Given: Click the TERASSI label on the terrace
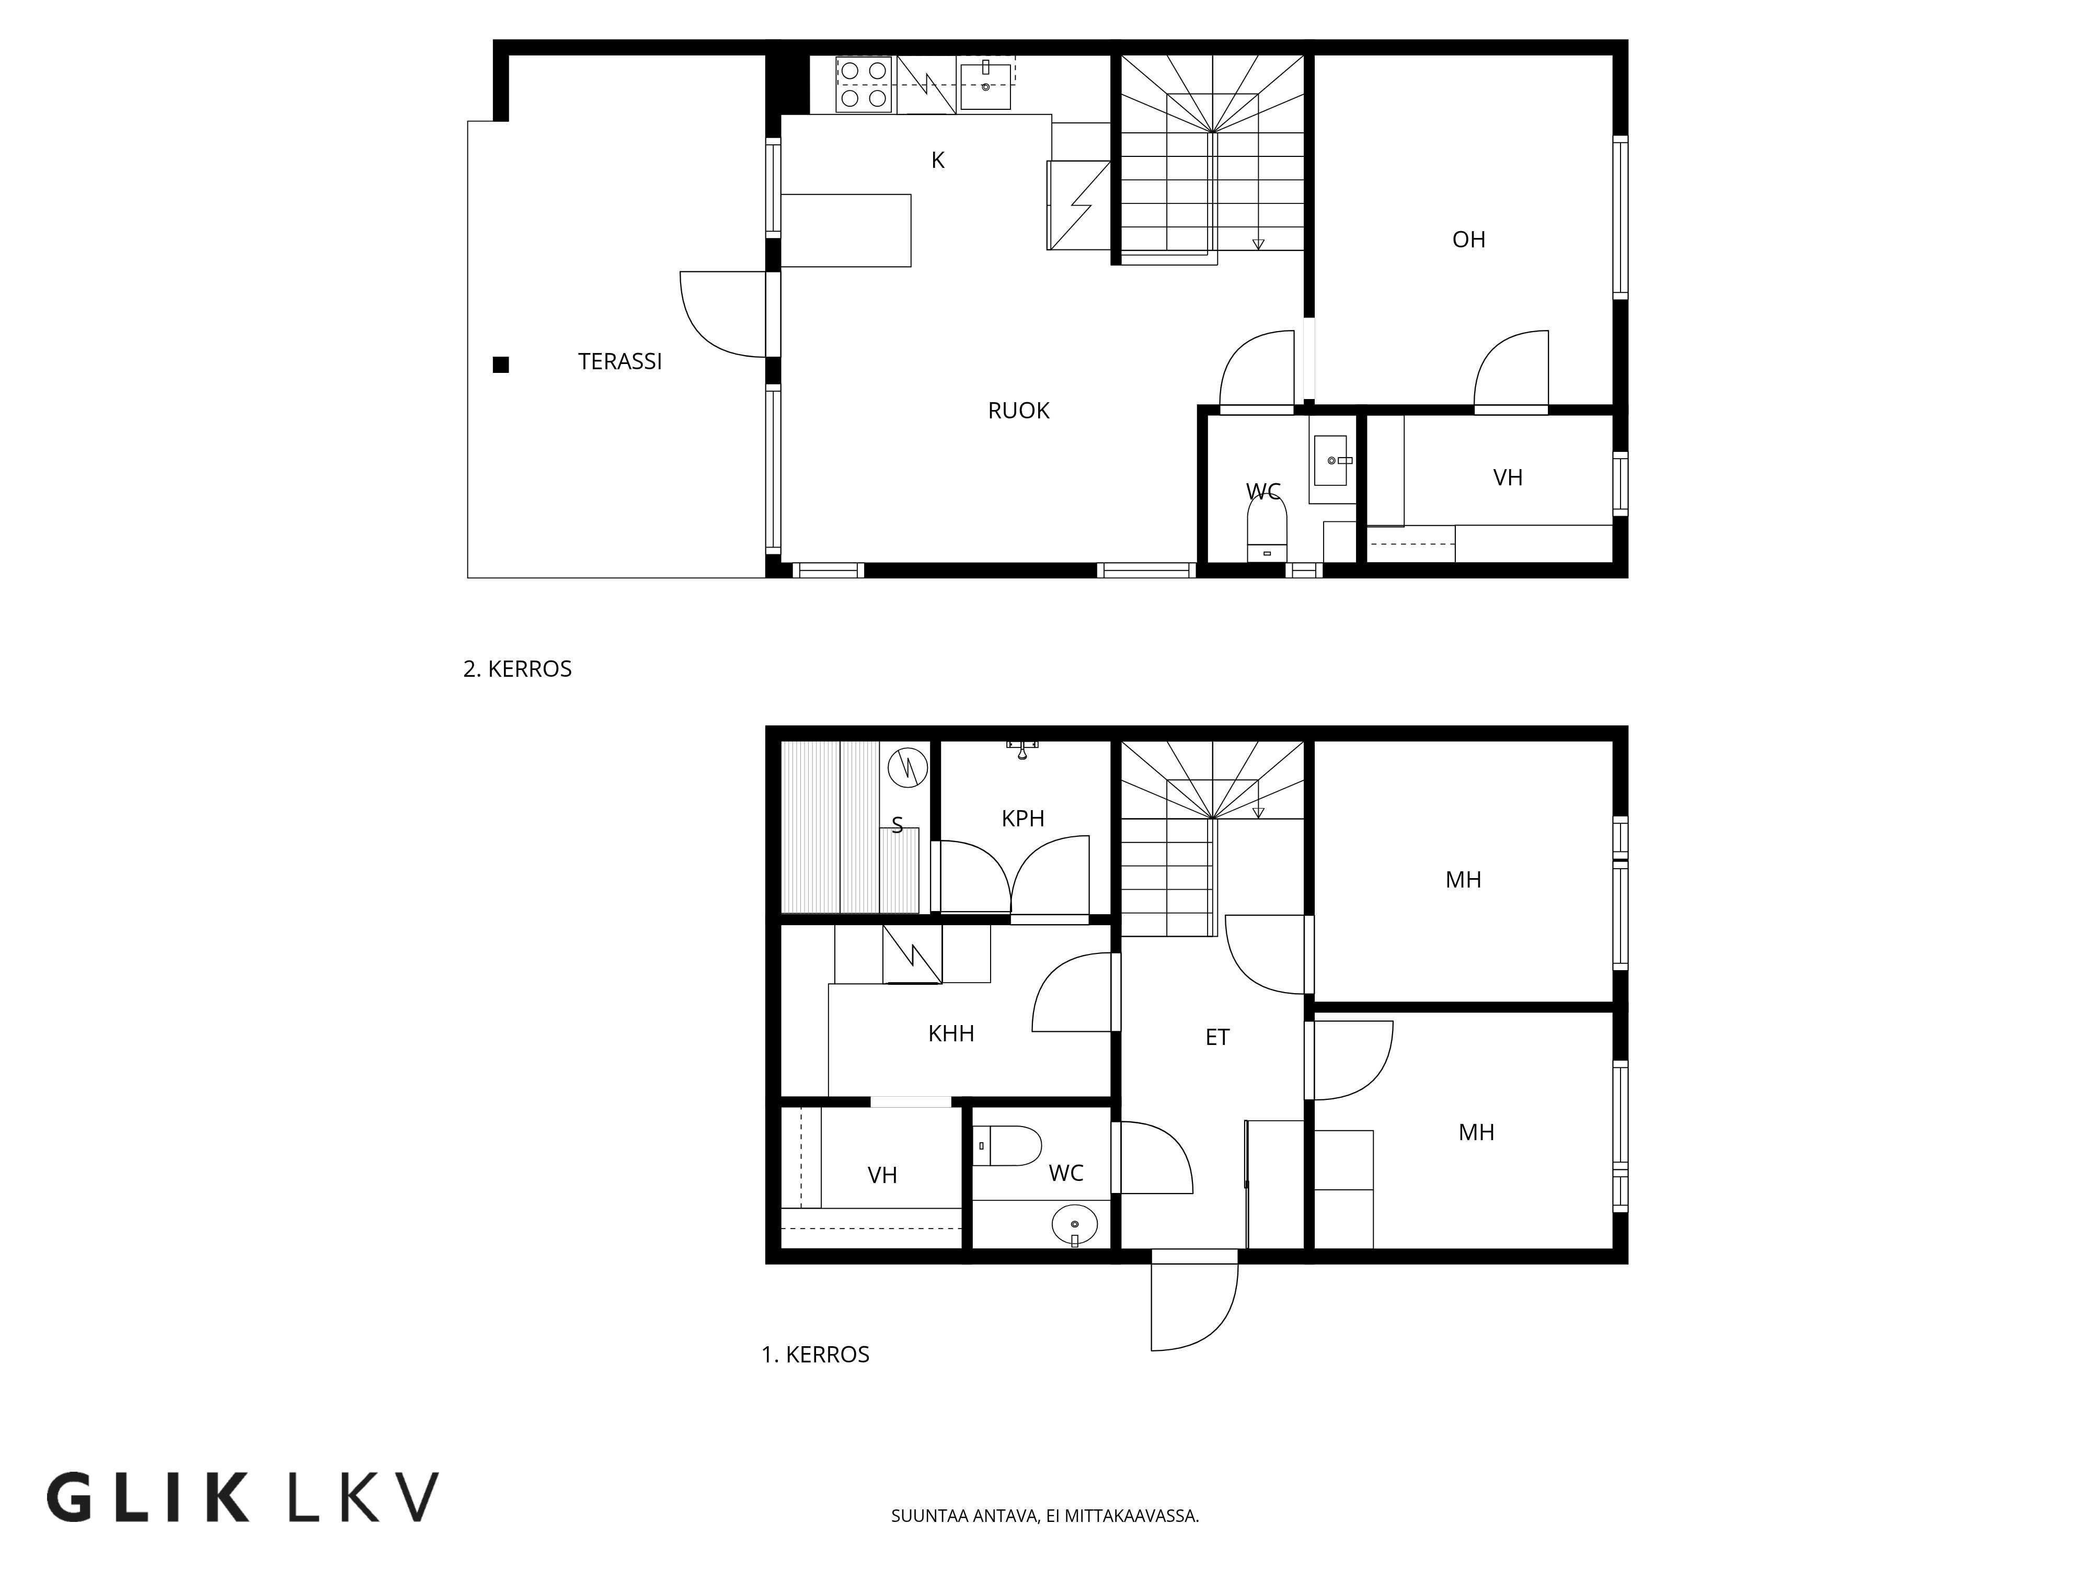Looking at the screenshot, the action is (x=620, y=361).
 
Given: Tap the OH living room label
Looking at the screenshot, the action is (x=1469, y=240).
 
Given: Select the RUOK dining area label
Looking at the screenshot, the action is (x=1019, y=411).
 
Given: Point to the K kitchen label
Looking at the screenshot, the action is (x=938, y=161).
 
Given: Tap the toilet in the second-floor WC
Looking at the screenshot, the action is (x=1268, y=530).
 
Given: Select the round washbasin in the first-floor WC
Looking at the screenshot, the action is (x=1075, y=1226).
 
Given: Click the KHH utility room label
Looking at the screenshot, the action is (x=951, y=1033).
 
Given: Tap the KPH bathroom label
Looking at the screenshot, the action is (x=1023, y=819).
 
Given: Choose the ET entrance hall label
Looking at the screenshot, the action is (x=1217, y=1038).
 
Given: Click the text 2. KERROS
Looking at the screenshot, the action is (x=517, y=669).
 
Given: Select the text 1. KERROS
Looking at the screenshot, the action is (x=816, y=1355).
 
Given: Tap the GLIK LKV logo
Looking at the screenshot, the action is (x=243, y=1496).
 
